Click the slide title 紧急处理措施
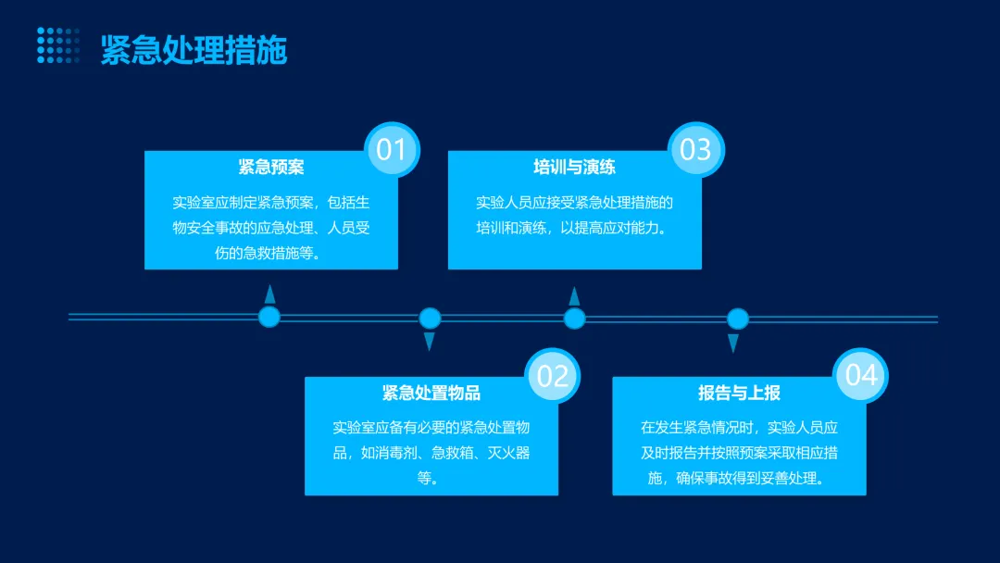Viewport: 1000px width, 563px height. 194,49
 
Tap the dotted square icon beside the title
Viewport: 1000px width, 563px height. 58,45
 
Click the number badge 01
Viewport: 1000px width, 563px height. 392,149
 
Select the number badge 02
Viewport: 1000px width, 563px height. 553,376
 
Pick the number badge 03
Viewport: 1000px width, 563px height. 695,149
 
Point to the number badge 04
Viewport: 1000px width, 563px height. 861,375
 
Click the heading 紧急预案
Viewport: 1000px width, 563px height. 271,168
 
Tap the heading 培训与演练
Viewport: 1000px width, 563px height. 574,168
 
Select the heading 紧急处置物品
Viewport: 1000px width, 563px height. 431,394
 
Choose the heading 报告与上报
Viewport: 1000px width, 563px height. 739,394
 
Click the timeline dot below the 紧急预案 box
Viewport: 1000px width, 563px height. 269,318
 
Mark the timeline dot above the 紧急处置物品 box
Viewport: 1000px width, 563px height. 430,319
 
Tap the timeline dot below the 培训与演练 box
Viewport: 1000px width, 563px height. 575,319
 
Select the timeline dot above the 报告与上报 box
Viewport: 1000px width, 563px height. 737,319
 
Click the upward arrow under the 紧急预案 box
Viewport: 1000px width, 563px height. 269,294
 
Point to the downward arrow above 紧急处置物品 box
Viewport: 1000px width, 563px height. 430,342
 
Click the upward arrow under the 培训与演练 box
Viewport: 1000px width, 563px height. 574,295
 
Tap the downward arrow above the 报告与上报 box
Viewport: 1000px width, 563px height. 733,343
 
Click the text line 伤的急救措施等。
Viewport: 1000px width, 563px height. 271,253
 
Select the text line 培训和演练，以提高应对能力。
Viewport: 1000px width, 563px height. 574,228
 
